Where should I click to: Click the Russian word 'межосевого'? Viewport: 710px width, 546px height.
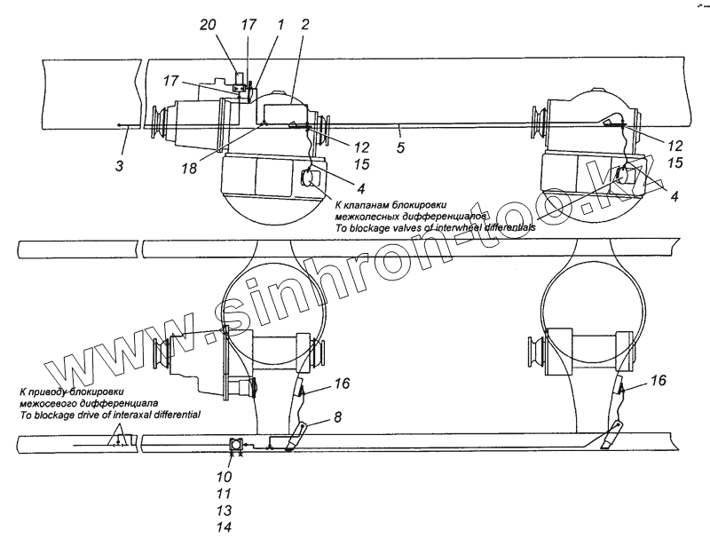tap(46, 403)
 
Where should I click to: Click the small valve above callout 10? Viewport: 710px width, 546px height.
tap(237, 447)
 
